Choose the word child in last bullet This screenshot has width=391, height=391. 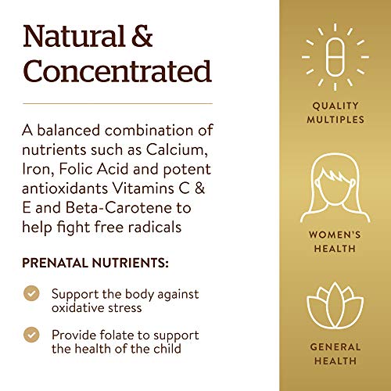pos(165,349)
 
